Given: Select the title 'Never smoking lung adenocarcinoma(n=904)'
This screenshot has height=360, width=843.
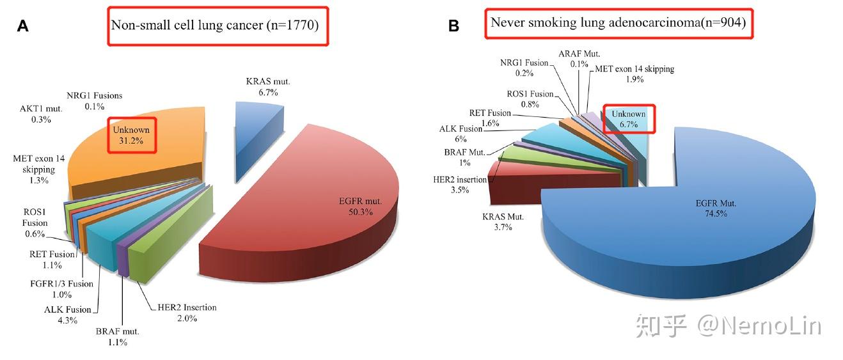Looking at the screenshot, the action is tap(618, 22).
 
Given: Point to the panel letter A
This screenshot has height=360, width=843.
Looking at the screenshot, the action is tap(23, 26).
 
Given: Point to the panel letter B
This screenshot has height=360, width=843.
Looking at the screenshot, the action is tap(453, 26).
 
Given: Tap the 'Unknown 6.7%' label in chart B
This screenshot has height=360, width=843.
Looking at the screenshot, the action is tap(628, 119).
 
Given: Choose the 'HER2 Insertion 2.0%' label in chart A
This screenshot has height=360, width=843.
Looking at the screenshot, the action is tap(187, 313).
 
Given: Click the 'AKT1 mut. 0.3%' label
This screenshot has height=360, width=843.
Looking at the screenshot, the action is tap(41, 114).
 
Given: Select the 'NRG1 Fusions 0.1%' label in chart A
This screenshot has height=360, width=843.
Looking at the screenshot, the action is tap(95, 101).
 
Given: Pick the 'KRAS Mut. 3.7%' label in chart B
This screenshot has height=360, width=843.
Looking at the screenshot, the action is tap(503, 222).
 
